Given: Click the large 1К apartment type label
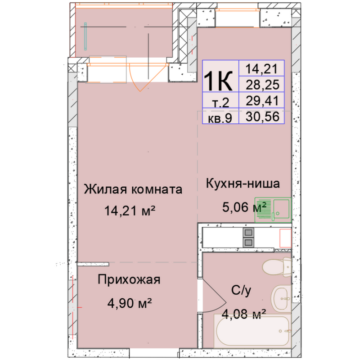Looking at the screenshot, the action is coord(218,81).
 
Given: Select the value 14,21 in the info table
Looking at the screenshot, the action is coord(262,69).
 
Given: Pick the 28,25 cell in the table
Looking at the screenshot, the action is coord(262,85).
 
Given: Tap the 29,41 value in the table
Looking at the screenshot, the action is coord(262,100).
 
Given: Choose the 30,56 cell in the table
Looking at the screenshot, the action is coord(262,117).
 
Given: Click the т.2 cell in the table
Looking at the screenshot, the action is coord(220,103).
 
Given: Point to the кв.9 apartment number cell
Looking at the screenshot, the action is coord(220,118).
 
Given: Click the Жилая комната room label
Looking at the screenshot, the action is coord(133,189).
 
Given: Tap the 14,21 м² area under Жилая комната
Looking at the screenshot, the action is coord(130,211).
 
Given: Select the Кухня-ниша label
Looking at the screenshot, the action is coord(243,184).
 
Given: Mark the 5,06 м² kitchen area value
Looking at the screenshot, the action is coord(244,207).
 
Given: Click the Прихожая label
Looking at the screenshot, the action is coord(129,279).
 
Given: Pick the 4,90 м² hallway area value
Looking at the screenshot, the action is coord(130,303).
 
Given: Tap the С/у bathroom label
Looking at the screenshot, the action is coord(241,290).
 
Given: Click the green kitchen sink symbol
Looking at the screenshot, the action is coord(273,210).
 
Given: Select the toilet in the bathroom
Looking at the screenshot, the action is coord(277,267).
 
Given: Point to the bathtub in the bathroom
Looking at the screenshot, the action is coord(252,331).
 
